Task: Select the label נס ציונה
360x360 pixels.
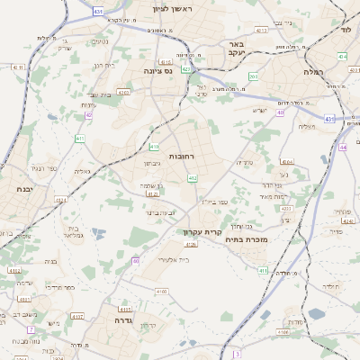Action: click(x=157, y=68)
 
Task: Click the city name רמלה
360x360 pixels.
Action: click(x=312, y=72)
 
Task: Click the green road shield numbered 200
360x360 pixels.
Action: click(x=254, y=77)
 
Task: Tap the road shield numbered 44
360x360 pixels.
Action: click(x=343, y=147)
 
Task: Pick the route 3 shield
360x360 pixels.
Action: click(x=237, y=354)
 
